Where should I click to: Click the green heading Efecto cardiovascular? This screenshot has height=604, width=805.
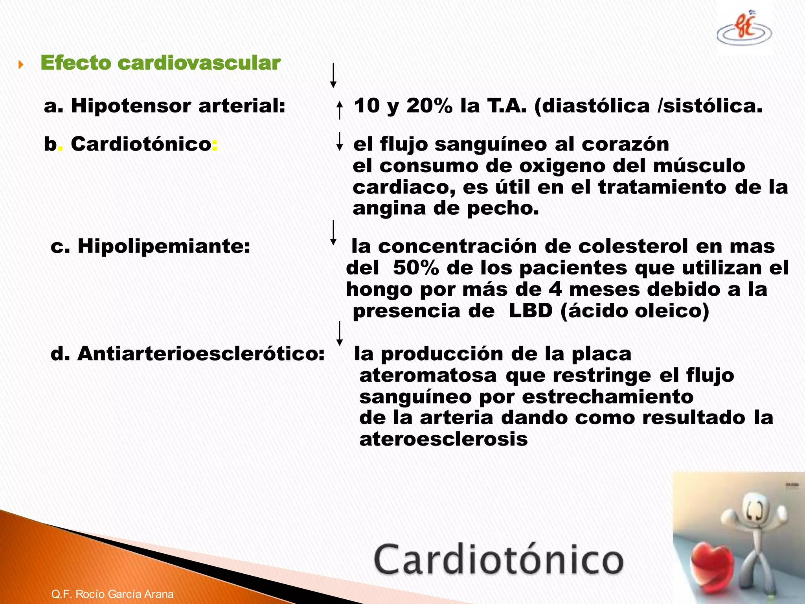point(160,63)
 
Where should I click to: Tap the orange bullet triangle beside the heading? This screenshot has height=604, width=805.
point(21,64)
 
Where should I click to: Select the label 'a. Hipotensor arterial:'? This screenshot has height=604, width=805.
point(164,106)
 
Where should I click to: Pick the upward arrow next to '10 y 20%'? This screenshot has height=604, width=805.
point(340,110)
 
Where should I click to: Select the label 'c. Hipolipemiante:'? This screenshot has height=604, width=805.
point(151,247)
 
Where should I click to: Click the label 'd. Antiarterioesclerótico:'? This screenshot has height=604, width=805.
point(187,354)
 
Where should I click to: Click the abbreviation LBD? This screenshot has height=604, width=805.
point(531,311)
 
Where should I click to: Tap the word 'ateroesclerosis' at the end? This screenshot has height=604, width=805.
point(443,439)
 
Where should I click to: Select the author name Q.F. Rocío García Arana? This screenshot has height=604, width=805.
point(112,594)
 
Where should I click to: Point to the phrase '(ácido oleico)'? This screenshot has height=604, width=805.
point(635,311)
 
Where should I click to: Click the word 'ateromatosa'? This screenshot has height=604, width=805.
point(428,375)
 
